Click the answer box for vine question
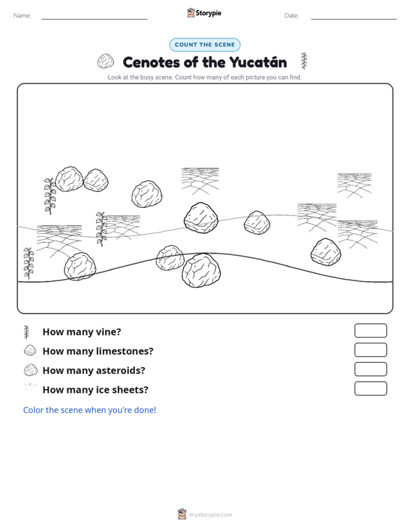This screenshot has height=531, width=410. (x=370, y=330)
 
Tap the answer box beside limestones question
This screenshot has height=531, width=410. (x=370, y=350)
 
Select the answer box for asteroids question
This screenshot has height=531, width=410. (x=370, y=369)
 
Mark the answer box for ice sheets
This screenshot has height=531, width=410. (x=370, y=388)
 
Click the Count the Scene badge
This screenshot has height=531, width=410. (x=205, y=45)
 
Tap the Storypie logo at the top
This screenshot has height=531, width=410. (x=204, y=13)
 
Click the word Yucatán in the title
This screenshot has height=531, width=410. (x=258, y=62)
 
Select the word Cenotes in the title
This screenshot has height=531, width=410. (x=151, y=62)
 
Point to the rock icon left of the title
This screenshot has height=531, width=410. (x=105, y=62)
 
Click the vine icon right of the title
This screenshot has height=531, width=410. (x=304, y=61)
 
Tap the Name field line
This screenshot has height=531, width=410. (x=94, y=19)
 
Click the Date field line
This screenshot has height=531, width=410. (x=353, y=19)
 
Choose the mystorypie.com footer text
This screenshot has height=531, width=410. (x=211, y=515)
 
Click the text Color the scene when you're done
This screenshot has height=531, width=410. (x=89, y=410)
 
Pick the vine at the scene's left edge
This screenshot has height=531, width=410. (x=28, y=263)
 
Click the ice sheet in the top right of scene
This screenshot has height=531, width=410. (x=354, y=185)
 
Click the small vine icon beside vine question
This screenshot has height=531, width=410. (x=26, y=333)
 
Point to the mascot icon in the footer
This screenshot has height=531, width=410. (x=182, y=514)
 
